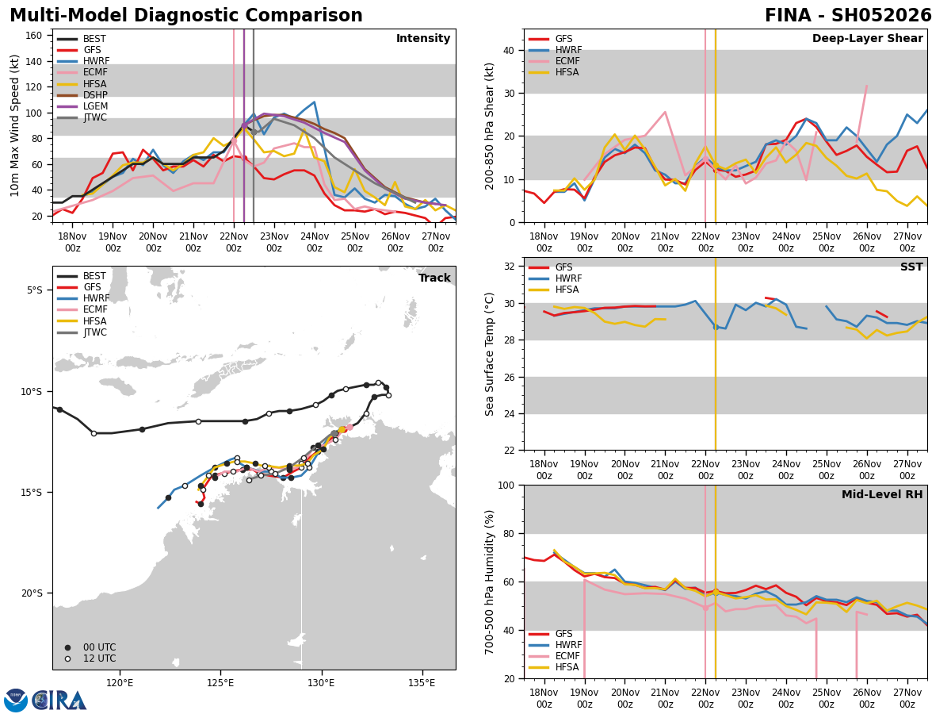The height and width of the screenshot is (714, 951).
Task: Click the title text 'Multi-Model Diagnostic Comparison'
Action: click(186, 16)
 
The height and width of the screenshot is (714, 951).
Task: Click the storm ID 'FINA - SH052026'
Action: click(848, 16)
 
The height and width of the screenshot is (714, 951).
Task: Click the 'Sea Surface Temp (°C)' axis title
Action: click(491, 354)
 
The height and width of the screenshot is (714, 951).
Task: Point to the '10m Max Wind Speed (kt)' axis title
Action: click(15, 125)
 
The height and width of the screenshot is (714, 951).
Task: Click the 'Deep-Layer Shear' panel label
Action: click(867, 39)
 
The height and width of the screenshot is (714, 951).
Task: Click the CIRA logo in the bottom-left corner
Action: click(46, 700)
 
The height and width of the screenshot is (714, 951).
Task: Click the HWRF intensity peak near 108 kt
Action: click(314, 102)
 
